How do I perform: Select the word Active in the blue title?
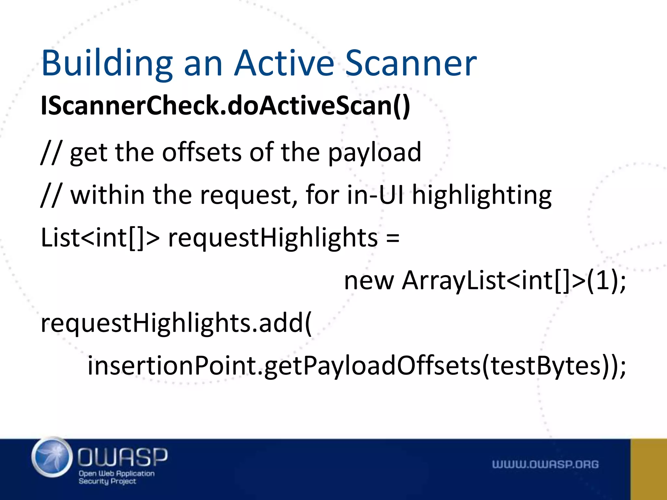click(284, 63)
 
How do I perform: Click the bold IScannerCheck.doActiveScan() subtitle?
click(225, 106)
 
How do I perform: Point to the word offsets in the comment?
click(202, 152)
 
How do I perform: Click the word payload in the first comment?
click(375, 152)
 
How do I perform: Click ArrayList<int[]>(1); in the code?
click(514, 281)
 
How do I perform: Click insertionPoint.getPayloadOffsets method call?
click(283, 366)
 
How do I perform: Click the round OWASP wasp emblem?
click(52, 457)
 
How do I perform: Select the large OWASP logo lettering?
click(122, 457)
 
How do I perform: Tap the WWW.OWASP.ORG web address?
click(545, 464)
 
